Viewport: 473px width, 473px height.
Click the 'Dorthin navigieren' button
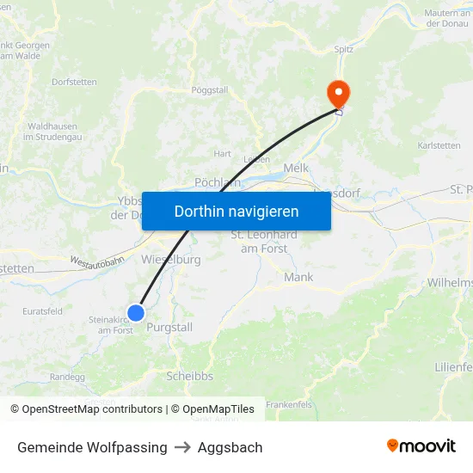(236, 211)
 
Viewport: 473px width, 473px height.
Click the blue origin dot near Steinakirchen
(136, 313)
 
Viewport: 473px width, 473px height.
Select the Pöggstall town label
(209, 89)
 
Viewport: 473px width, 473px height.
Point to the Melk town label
(295, 169)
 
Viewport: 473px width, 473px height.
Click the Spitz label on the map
(344, 50)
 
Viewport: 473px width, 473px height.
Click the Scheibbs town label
(189, 376)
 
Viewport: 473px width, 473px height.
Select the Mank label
(298, 277)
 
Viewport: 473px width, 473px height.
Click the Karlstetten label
(439, 145)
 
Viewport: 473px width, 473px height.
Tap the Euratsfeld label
(42, 311)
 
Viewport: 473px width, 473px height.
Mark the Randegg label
(68, 376)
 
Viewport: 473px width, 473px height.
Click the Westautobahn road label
(97, 261)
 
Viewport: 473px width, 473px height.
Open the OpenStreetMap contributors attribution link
(92, 409)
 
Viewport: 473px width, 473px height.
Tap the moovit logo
(421, 445)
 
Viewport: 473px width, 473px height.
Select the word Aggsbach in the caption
(230, 447)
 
